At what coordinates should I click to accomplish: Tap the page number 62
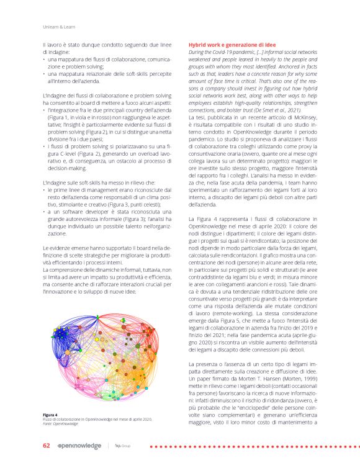coord(46,446)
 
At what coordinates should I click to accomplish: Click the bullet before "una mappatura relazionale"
coord(44,73)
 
